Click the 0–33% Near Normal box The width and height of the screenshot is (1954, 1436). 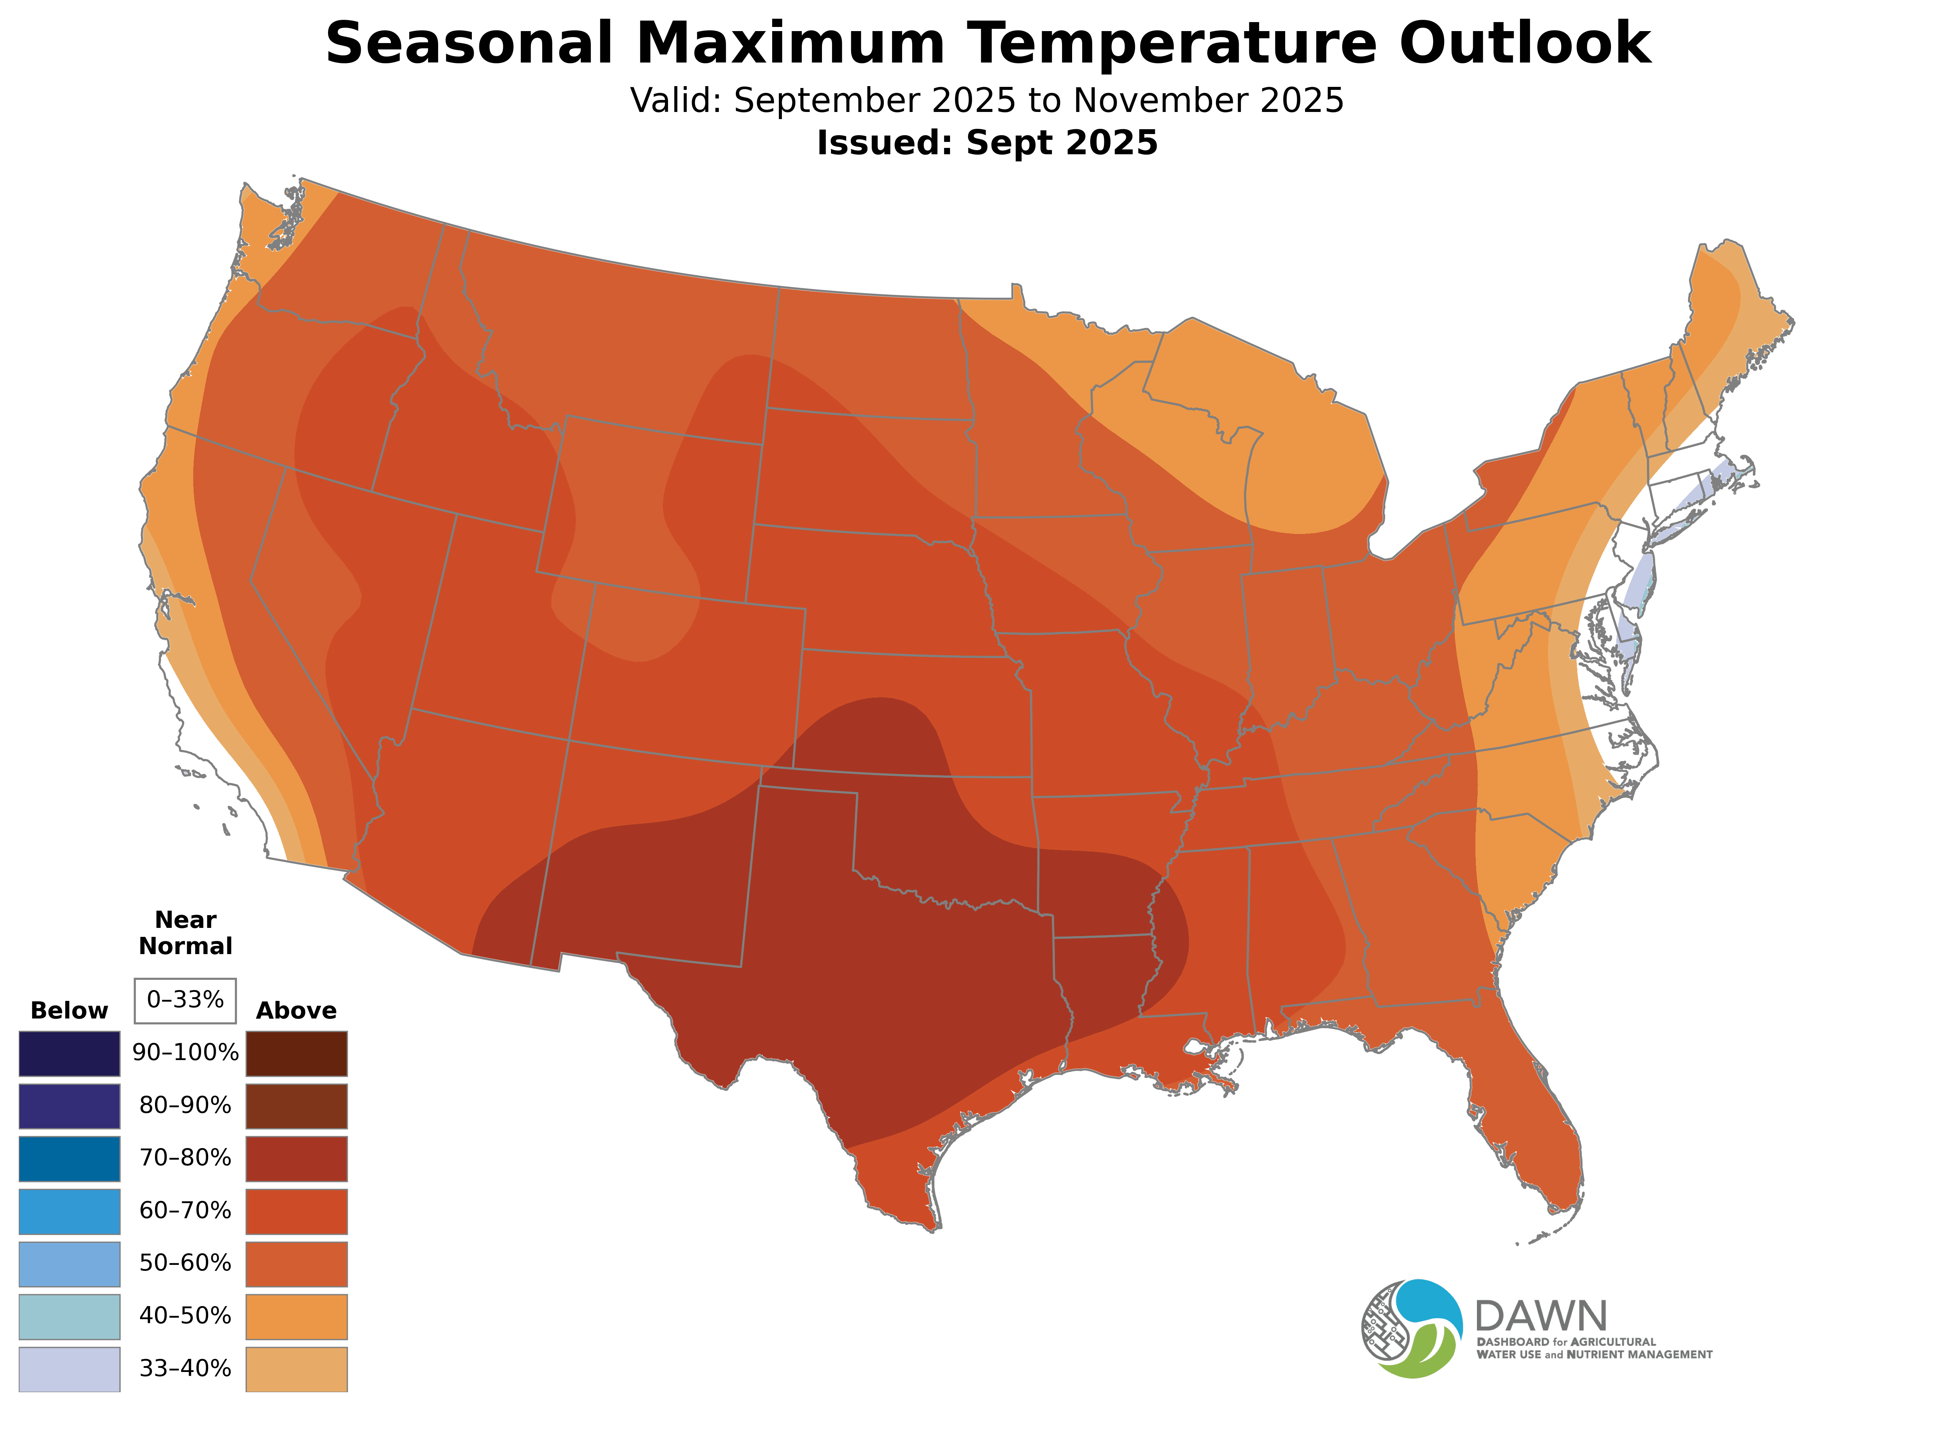[x=185, y=1001]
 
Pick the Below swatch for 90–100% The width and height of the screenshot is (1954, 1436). [x=70, y=1054]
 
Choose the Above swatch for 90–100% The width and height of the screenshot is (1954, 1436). [x=297, y=1054]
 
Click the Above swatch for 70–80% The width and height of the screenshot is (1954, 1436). [x=297, y=1159]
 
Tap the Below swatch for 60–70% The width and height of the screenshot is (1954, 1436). [x=70, y=1211]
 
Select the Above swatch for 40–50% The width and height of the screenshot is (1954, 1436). [x=297, y=1316]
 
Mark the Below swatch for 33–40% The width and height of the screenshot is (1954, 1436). [x=70, y=1369]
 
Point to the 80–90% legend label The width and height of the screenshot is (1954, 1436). [x=185, y=1106]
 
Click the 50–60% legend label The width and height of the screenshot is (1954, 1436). [x=185, y=1263]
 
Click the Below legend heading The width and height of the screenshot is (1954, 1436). [x=70, y=1011]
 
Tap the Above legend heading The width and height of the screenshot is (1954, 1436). [x=297, y=1011]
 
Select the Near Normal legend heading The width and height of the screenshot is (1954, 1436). [x=185, y=933]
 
